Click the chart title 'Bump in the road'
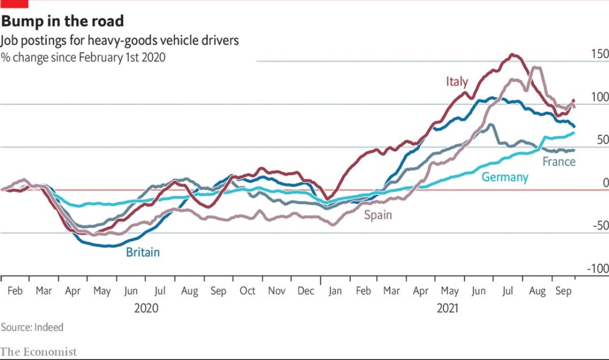coord(62,21)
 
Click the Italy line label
coord(456,81)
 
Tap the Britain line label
coord(142,252)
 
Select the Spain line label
coord(377,215)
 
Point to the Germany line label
coord(504,177)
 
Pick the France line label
coord(558,162)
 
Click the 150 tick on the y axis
coord(599,54)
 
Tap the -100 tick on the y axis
coord(597,268)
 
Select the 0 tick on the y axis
coord(605,183)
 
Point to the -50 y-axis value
coord(599,225)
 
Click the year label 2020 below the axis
coord(146,309)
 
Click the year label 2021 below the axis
coord(447,309)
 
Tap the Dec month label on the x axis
coord(306,291)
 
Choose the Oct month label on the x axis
coord(247,291)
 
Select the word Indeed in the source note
coord(49,327)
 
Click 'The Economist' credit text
coord(38,352)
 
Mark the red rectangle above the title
coord(14,3)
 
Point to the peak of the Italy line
coord(513,55)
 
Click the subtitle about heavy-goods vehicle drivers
coord(119,40)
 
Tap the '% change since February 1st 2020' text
coord(83,57)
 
